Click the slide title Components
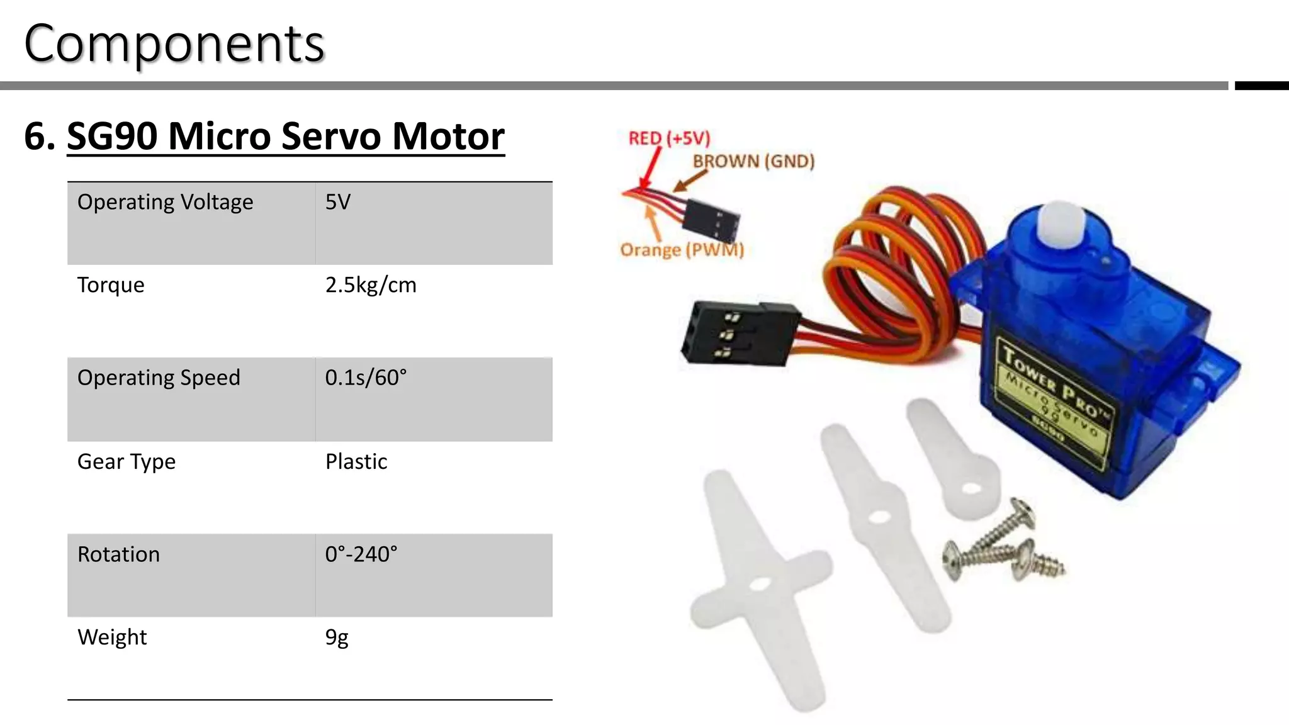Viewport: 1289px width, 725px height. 174,44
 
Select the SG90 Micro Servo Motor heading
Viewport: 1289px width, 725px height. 285,136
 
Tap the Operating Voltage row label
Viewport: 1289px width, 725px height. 165,202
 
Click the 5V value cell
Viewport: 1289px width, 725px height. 338,202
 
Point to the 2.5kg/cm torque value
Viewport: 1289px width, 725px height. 371,285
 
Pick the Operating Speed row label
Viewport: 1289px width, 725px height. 159,378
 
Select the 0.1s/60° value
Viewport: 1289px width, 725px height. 366,378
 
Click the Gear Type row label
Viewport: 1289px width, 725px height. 127,461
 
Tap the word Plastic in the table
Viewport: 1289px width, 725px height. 356,461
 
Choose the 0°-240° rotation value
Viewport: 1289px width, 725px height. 361,554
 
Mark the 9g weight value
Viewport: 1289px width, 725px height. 337,638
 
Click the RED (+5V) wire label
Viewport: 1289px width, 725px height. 669,138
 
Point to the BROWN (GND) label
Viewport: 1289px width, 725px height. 753,162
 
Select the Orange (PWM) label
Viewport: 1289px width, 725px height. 682,250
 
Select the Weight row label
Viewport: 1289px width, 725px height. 112,638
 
